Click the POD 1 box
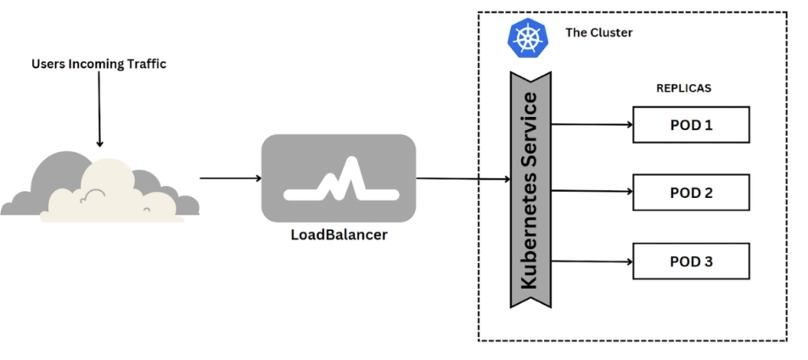pos(691,125)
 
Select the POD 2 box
pos(691,193)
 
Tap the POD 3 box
pos(691,261)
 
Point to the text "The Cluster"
pos(599,33)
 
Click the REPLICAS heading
pos(683,87)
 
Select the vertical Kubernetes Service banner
pos(530,190)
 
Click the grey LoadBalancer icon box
pos(339,177)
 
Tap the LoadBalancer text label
pos(339,235)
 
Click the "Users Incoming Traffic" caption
pos(98,64)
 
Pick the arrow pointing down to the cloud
pos(99,110)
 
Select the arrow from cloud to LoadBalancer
pos(230,178)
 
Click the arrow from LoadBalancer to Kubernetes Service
pos(463,179)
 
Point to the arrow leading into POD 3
pos(592,261)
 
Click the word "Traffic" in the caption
pos(145,64)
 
